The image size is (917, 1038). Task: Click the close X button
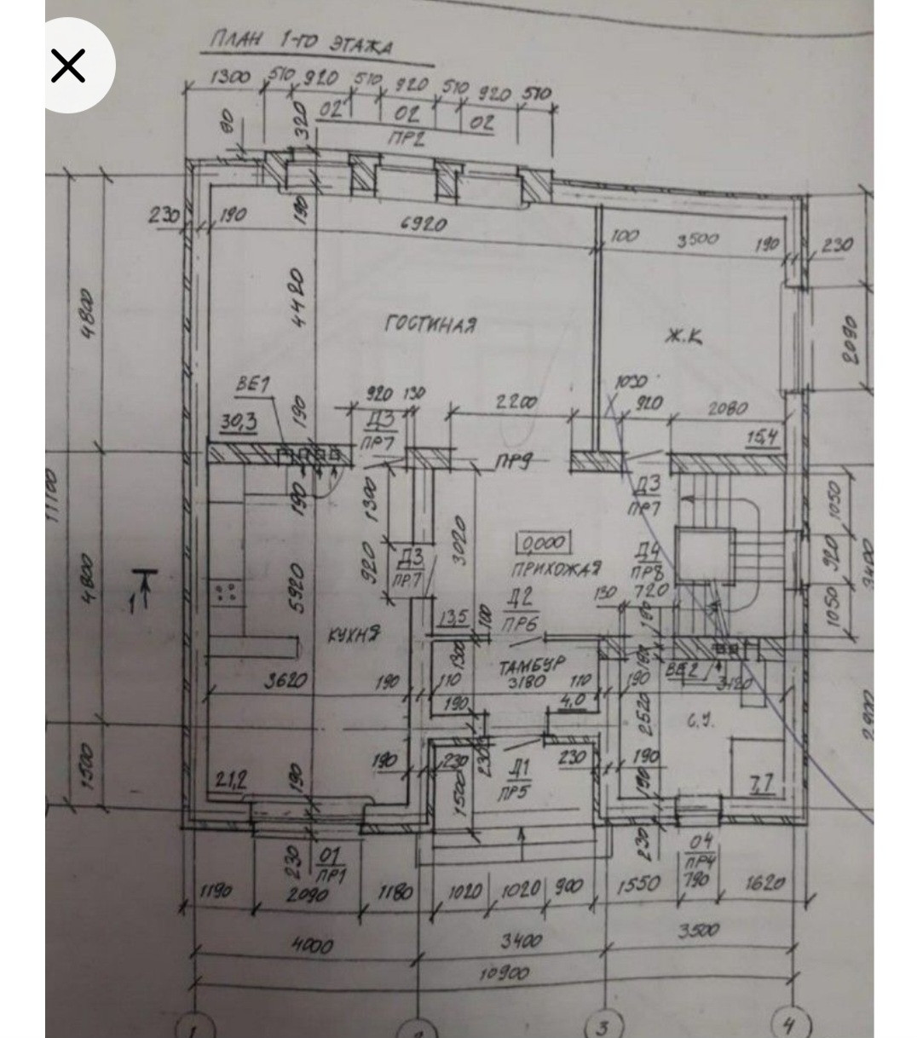[68, 66]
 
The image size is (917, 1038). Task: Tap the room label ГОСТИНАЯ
[430, 325]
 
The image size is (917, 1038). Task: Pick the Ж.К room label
[683, 338]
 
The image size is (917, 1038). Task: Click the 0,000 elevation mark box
[544, 542]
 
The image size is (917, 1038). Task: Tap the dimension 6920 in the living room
[424, 225]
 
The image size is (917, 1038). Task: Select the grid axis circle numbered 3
[602, 1027]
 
